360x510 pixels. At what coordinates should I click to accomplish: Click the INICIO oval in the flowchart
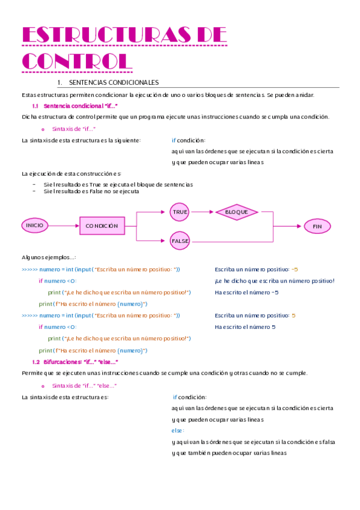[35, 225]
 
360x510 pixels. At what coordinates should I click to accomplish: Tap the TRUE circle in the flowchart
[180, 212]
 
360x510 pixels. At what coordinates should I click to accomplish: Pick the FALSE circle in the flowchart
[180, 241]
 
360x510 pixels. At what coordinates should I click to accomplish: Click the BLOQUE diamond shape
[236, 212]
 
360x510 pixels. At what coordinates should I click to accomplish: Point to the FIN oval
[317, 226]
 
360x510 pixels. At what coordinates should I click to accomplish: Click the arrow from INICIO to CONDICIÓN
[64, 226]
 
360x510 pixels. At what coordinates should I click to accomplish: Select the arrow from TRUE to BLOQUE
[203, 212]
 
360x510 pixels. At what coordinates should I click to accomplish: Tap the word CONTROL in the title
[76, 61]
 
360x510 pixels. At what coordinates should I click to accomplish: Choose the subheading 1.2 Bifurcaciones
[75, 362]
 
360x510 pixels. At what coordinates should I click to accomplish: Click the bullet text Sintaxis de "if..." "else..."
[84, 386]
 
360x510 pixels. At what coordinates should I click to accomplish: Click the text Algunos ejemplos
[49, 257]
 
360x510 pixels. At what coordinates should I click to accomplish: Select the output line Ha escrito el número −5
[246, 292]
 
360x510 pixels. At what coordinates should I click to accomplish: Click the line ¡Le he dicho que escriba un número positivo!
[274, 281]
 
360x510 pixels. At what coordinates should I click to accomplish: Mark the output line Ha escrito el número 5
[245, 327]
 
